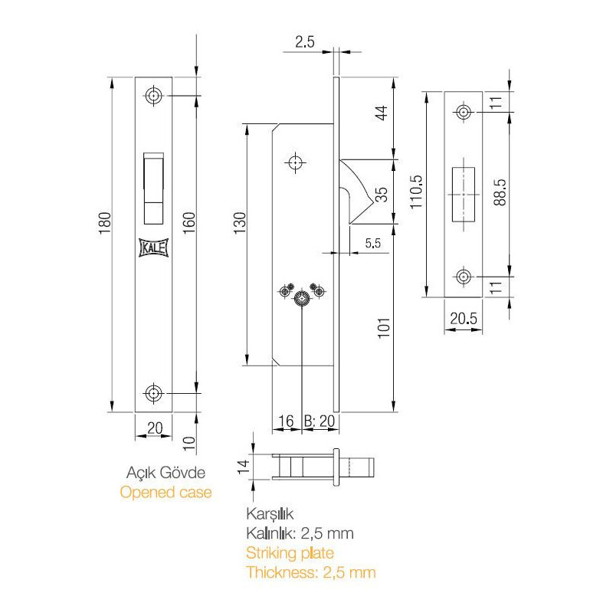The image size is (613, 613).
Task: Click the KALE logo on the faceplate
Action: click(x=154, y=247)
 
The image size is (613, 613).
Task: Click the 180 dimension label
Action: click(x=105, y=223)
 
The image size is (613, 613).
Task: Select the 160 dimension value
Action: click(x=188, y=223)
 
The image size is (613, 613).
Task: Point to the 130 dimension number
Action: click(x=240, y=223)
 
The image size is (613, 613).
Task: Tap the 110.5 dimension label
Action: click(x=416, y=192)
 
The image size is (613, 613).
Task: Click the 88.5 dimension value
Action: click(x=500, y=192)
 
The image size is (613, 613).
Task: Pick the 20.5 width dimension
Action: click(x=464, y=319)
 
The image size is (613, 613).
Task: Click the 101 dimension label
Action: click(x=384, y=328)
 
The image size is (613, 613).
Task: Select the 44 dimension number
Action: click(x=381, y=113)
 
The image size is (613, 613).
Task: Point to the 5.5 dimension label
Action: click(x=373, y=243)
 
